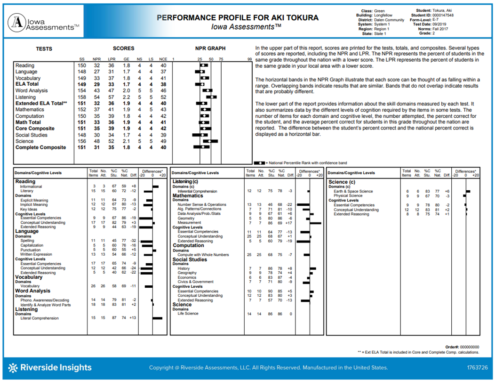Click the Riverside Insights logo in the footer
tap(50, 367)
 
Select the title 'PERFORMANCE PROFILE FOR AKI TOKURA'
tap(237, 18)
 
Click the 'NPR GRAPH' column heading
tap(210, 49)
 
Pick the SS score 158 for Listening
tap(82, 97)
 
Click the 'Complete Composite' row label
tap(40, 147)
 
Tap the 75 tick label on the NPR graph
tap(221, 59)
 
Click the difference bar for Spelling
tap(148, 241)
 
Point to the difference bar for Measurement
tap(315, 223)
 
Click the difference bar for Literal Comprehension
tap(157, 318)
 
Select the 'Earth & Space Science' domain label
tap(353, 191)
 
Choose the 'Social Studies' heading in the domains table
tap(190, 259)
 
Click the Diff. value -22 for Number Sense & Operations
tap(290, 205)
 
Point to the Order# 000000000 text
tap(462, 347)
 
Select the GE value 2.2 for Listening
tap(126, 97)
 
